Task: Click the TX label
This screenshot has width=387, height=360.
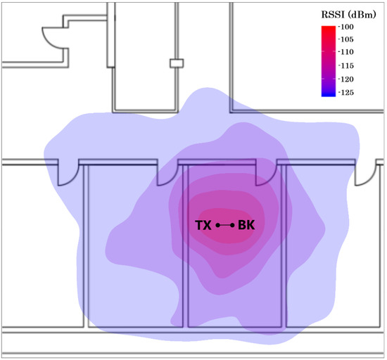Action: [x=203, y=225]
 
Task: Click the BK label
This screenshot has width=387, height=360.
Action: [x=246, y=225]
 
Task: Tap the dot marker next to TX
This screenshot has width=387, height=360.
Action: [x=217, y=225]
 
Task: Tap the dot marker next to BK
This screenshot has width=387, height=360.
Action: [x=232, y=225]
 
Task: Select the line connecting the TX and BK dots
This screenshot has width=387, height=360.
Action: [x=225, y=225]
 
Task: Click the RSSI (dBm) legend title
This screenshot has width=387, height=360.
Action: [x=348, y=15]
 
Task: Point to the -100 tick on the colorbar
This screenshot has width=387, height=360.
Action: [x=346, y=27]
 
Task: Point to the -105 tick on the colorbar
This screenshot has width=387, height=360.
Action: [x=346, y=39]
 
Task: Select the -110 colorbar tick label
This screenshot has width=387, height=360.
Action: [x=346, y=52]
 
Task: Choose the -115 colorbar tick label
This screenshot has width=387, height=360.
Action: [x=346, y=65]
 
